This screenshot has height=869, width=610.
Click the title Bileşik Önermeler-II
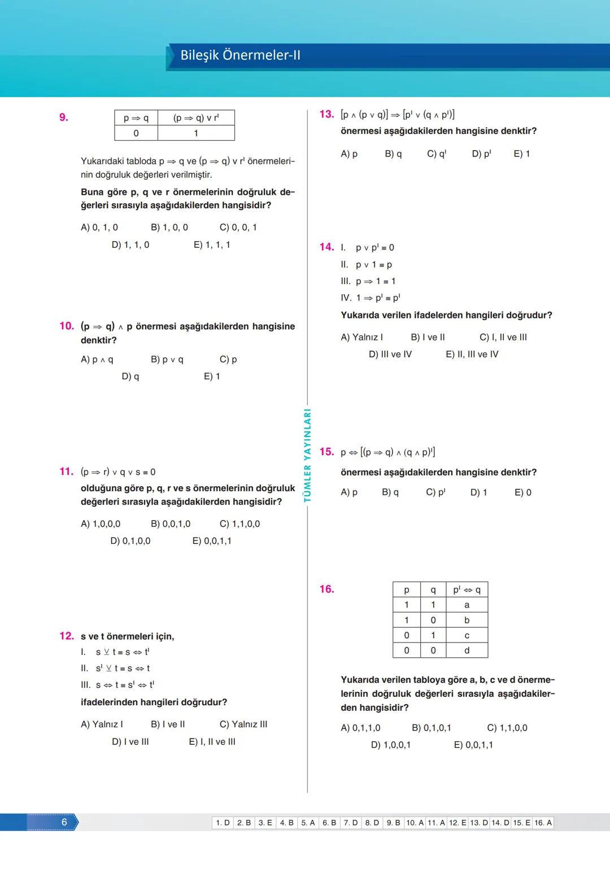[x=240, y=55]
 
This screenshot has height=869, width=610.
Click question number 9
[x=64, y=117]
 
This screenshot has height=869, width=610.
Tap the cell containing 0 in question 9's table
[x=136, y=133]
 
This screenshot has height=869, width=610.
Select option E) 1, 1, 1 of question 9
[x=212, y=244]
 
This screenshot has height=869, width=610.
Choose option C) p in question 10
[x=228, y=359]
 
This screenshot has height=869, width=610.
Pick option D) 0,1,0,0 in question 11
[x=130, y=540]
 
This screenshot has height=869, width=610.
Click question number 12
[x=67, y=636]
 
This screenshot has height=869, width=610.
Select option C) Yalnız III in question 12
[x=243, y=724]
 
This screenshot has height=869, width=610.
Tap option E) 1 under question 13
[x=521, y=154]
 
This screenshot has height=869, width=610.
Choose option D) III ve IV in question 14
[x=390, y=354]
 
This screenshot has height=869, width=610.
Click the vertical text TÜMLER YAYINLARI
[x=308, y=455]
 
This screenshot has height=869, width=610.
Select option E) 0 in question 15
[x=522, y=492]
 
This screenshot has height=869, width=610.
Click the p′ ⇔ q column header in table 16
[x=467, y=589]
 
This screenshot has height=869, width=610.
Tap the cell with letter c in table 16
[x=467, y=635]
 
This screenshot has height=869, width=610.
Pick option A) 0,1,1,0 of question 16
[x=360, y=728]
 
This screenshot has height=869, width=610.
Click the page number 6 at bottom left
[x=64, y=822]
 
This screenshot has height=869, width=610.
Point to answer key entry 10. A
[x=415, y=823]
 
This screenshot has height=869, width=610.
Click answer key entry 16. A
[x=543, y=823]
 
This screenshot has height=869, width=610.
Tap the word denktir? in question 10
[x=99, y=340]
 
